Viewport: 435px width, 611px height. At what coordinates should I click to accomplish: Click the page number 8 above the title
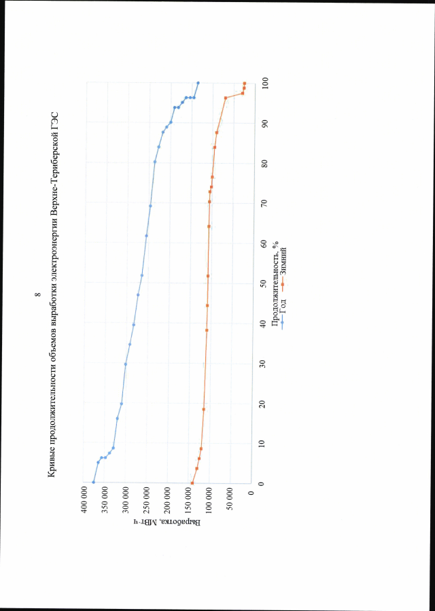[37, 296]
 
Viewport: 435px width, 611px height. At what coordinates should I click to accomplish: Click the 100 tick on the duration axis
[264, 82]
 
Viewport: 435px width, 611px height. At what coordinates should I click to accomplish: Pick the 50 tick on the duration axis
[264, 283]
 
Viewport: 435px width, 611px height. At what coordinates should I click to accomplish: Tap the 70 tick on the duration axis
[264, 203]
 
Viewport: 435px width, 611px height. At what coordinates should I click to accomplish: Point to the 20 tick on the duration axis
[264, 403]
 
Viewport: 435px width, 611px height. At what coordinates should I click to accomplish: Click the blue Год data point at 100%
[198, 83]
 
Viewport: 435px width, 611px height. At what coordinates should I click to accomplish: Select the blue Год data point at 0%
[93, 483]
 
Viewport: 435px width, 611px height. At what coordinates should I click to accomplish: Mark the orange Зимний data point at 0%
[192, 483]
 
